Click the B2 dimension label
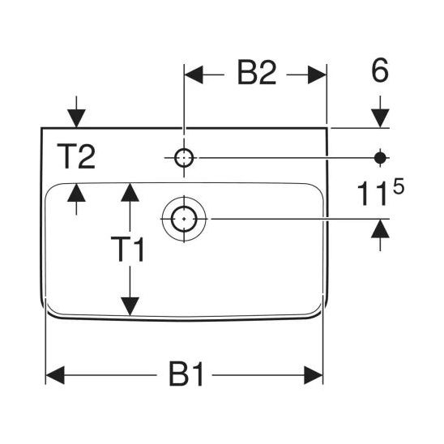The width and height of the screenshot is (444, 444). [257, 72]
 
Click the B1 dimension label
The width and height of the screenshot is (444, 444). [186, 374]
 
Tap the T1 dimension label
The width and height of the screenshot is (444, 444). [128, 249]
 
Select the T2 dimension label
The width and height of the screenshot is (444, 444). [76, 156]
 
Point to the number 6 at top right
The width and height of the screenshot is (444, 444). [380, 70]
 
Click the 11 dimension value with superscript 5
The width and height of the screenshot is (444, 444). [381, 194]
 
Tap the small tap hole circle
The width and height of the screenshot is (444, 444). [184, 158]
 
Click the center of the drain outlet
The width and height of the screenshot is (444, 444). [184, 219]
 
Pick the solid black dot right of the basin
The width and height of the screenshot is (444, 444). [380, 158]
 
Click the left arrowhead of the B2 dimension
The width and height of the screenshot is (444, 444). [194, 75]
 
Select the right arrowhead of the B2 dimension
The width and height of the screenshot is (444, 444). [317, 75]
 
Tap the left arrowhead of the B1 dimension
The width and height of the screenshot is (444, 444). [55, 375]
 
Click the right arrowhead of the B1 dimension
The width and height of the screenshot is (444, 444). [314, 375]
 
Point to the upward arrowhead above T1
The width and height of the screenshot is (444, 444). [130, 193]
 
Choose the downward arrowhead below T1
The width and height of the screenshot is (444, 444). [130, 306]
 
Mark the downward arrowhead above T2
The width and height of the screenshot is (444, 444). [76, 118]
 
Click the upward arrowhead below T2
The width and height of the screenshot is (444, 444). [76, 193]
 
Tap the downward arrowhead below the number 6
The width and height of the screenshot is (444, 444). [380, 118]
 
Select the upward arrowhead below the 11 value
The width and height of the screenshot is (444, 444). [380, 228]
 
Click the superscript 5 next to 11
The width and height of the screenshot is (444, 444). [399, 187]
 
